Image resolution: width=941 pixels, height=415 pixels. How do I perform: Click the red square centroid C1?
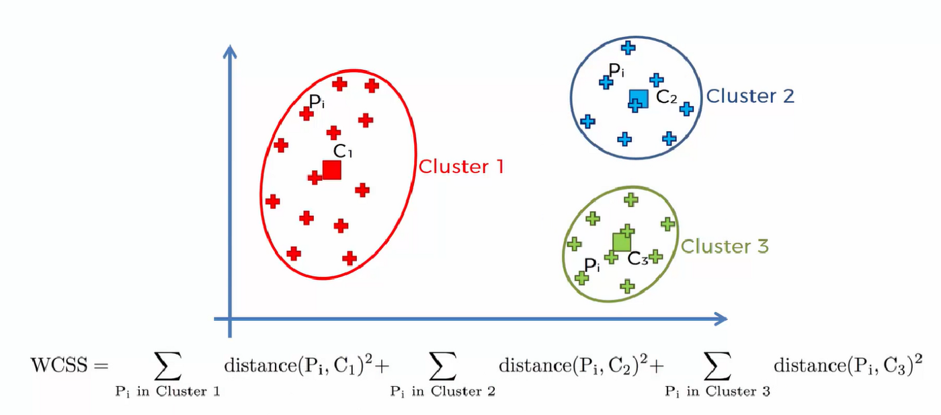[331, 169]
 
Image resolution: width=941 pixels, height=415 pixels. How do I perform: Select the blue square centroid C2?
[639, 99]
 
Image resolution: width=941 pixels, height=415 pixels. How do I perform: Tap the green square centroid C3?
[622, 241]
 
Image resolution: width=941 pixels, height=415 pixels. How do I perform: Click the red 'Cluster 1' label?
[461, 166]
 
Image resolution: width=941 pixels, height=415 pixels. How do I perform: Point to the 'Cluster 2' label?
[750, 96]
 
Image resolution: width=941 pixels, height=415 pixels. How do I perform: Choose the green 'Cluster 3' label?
[725, 246]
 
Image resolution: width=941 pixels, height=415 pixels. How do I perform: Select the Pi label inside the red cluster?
[317, 102]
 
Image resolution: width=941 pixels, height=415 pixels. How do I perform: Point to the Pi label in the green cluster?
[591, 264]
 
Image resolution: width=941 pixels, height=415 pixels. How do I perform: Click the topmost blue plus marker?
[628, 47]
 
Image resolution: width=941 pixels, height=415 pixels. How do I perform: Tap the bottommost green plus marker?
[627, 286]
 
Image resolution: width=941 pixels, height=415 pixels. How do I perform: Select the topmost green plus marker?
[630, 199]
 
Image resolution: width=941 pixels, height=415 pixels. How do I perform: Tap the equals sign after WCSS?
[100, 367]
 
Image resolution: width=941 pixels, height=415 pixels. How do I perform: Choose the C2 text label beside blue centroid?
[667, 98]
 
